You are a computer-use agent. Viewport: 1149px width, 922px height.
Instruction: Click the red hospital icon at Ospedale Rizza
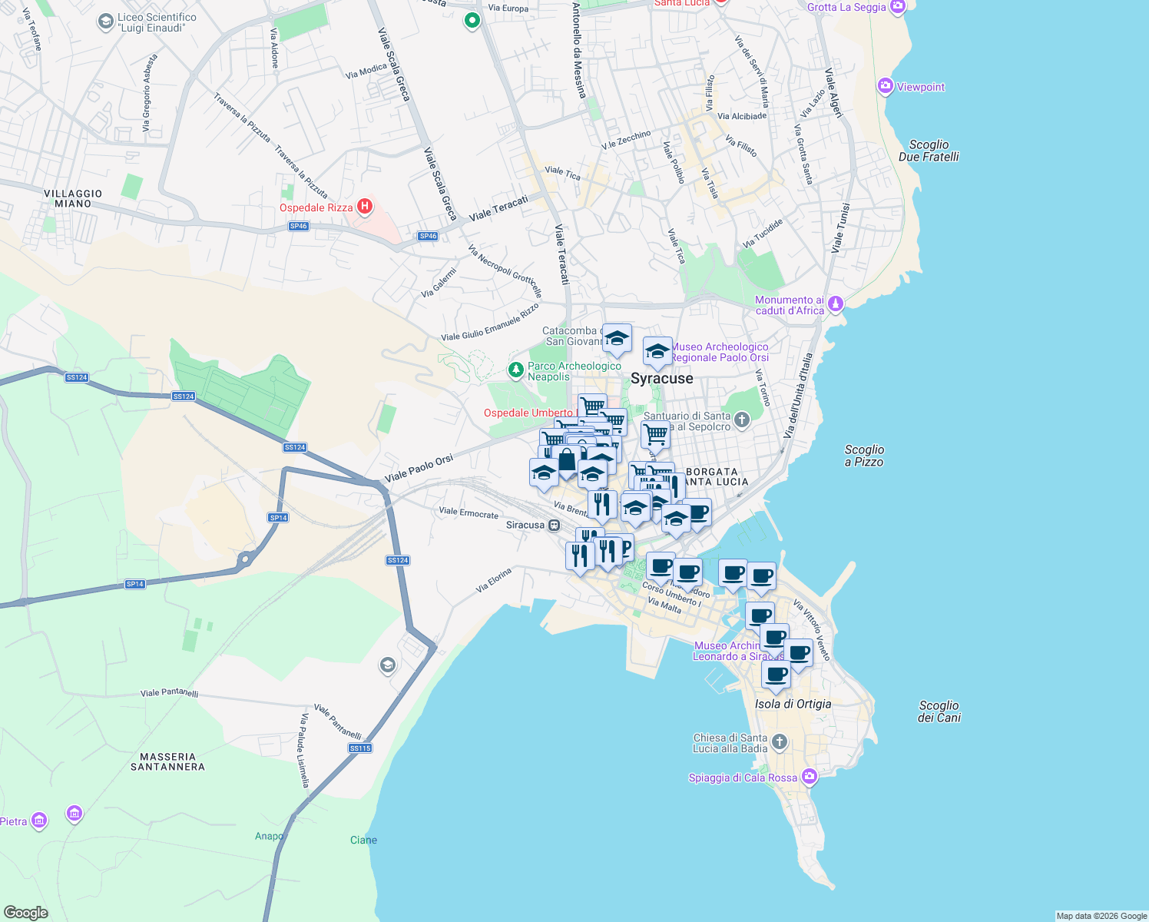[366, 207]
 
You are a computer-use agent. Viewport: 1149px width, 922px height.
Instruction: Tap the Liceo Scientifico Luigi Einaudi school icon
[106, 22]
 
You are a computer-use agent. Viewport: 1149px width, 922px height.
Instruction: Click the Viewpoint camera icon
[886, 86]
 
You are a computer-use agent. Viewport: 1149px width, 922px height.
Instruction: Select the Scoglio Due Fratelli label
[929, 151]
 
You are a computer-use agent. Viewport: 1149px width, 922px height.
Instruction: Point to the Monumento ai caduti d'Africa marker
[836, 304]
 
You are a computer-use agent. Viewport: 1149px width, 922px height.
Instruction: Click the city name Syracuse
[661, 378]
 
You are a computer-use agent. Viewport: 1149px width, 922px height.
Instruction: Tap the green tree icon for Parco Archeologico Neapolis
[516, 370]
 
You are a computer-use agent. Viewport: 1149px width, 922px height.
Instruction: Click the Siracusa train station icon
[555, 525]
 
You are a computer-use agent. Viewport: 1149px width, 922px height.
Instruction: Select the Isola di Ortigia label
[793, 704]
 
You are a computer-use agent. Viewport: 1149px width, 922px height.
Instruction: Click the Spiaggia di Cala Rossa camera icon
[809, 777]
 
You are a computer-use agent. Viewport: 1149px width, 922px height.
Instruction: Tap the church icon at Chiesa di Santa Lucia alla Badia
[780, 741]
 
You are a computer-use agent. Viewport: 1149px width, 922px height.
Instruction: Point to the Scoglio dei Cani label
[939, 711]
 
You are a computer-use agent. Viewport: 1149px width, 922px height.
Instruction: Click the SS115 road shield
[360, 748]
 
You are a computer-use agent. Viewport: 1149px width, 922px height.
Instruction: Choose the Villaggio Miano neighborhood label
[73, 199]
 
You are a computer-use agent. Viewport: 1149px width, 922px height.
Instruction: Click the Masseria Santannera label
[167, 761]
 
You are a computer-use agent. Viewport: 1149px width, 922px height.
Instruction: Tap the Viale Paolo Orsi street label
[419, 468]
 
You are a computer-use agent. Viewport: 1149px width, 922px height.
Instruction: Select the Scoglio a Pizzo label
[864, 456]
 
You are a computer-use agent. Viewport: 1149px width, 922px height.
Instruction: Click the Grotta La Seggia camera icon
[898, 7]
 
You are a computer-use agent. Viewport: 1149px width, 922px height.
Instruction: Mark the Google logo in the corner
[26, 912]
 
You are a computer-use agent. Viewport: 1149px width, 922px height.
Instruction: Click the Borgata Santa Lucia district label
[714, 476]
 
